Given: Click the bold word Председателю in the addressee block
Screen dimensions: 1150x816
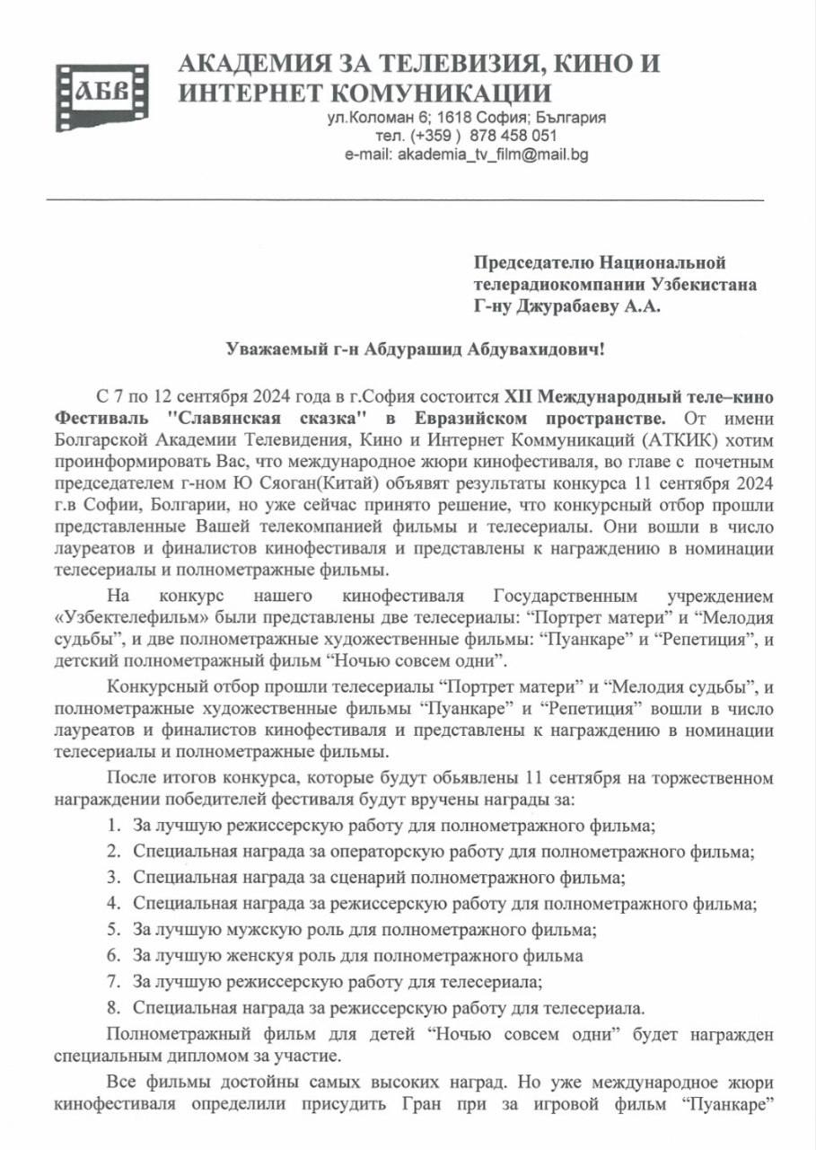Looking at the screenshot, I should pyautogui.click(x=531, y=262).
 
